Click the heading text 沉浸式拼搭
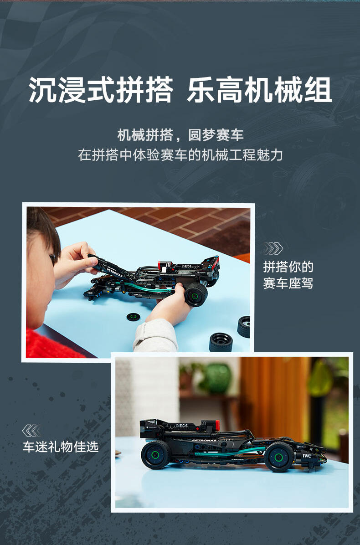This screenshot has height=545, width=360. coord(101,90)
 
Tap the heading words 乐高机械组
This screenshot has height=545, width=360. coord(259,90)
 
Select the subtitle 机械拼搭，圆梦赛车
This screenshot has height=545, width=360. coord(180,135)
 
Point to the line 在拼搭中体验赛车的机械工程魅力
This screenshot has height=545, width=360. coord(180,155)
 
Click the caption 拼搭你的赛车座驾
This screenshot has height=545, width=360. coord(288,275)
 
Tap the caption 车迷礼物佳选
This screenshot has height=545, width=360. coord(61,447)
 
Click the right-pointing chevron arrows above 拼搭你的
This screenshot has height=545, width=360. coord(273,248)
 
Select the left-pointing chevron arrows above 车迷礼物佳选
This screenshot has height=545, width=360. coord(31,431)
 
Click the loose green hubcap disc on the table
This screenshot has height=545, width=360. coord(133,317)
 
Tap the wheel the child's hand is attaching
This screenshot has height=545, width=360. coord(196,295)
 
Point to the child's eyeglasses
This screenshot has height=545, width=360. coord(52,259)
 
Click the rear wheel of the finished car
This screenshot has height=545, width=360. coord(155,455)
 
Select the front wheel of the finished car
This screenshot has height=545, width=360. coord(279,457)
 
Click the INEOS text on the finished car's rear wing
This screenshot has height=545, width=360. coord(181,426)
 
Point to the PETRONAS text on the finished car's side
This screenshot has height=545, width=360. coord(204,440)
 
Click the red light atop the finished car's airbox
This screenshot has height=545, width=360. coord(217,424)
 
